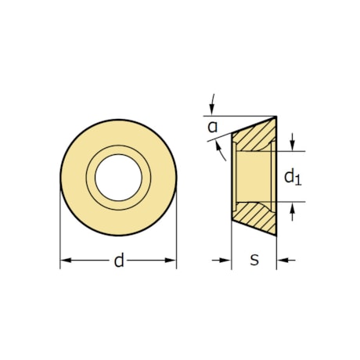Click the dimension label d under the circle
tap(119, 261)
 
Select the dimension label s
tap(254, 260)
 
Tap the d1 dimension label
tap(292, 177)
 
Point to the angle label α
tap(212, 126)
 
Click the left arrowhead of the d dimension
tap(65, 261)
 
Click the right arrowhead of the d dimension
tap(171, 261)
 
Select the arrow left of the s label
tap(226, 260)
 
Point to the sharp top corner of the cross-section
tap(275, 118)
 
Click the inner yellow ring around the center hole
tap(118, 156)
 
